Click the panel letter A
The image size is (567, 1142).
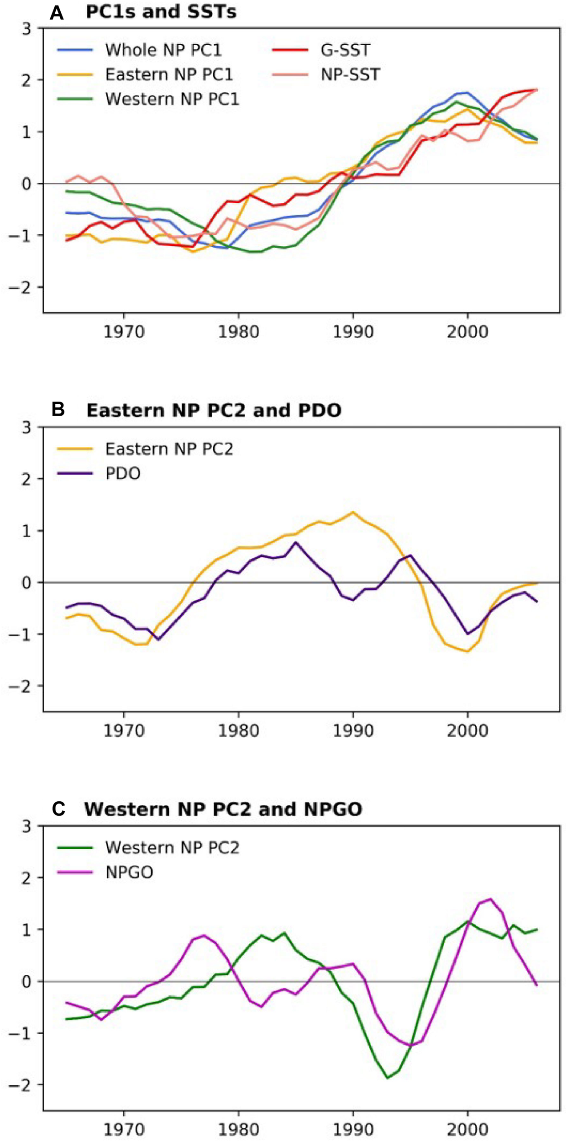(56, 13)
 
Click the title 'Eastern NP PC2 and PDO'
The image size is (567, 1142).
(214, 410)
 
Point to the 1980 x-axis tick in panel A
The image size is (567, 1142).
(238, 332)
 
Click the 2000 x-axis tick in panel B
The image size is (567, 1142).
(467, 730)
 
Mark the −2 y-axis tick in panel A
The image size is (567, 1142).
(25, 287)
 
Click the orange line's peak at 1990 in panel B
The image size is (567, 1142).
(352, 513)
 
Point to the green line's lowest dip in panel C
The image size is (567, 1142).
(388, 1078)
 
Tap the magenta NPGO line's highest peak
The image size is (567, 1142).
(490, 899)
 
